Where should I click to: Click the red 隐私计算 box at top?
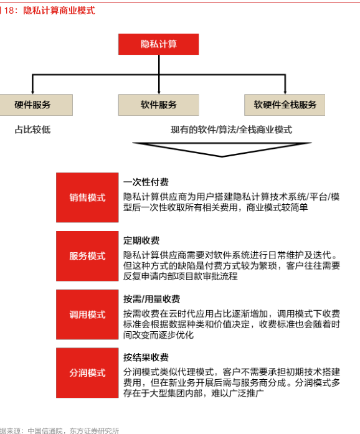coord(158,44)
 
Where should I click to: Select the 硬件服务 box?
coord(36,105)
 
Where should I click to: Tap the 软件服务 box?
coord(158,105)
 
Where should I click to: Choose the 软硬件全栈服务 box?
coord(285,105)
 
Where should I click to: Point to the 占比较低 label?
coord(32,130)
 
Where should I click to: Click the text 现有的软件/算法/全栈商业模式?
coord(231,130)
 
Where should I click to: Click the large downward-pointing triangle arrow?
coord(222,149)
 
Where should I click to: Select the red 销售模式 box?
coord(87,197)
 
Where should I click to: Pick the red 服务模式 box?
coord(87,256)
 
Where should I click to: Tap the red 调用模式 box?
coord(87,314)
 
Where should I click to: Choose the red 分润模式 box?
coord(87,373)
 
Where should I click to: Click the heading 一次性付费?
coord(146,182)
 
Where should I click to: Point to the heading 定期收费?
coord(141,240)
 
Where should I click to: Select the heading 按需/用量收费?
coord(152,299)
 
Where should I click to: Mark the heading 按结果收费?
coord(146,357)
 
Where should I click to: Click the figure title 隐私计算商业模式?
coord(59,11)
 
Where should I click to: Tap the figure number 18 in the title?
coord(9,11)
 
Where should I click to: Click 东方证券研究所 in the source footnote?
coord(94,431)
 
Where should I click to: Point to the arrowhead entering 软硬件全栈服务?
coord(285,92)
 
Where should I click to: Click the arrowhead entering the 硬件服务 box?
coord(32,92)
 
